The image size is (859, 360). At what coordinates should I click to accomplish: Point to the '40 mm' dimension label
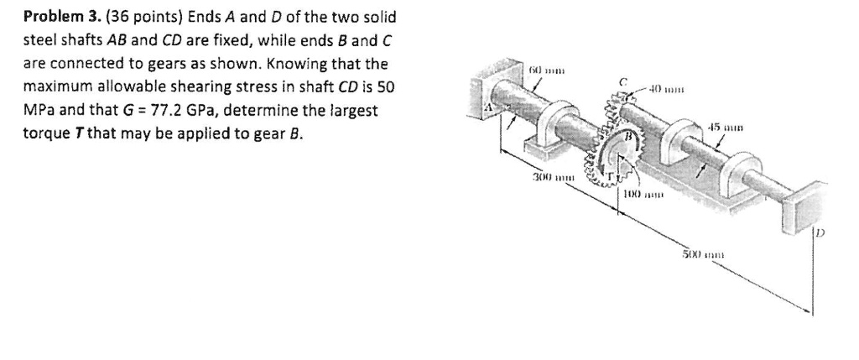click(x=676, y=86)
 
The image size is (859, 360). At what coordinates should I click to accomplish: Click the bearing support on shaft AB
click(x=545, y=134)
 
